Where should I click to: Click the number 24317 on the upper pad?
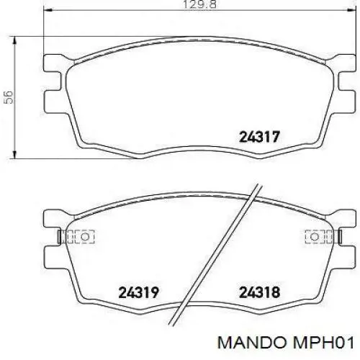[x=259, y=137]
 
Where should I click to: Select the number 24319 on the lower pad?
[x=139, y=292]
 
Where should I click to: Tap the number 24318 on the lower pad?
[x=259, y=292]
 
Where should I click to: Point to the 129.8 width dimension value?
[x=199, y=4]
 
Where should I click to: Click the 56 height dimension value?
[x=9, y=97]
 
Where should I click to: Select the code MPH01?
[x=323, y=343]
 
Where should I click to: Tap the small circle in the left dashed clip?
[x=85, y=237]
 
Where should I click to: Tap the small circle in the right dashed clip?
[x=314, y=237]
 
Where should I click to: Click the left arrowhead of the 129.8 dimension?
[x=48, y=10]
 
